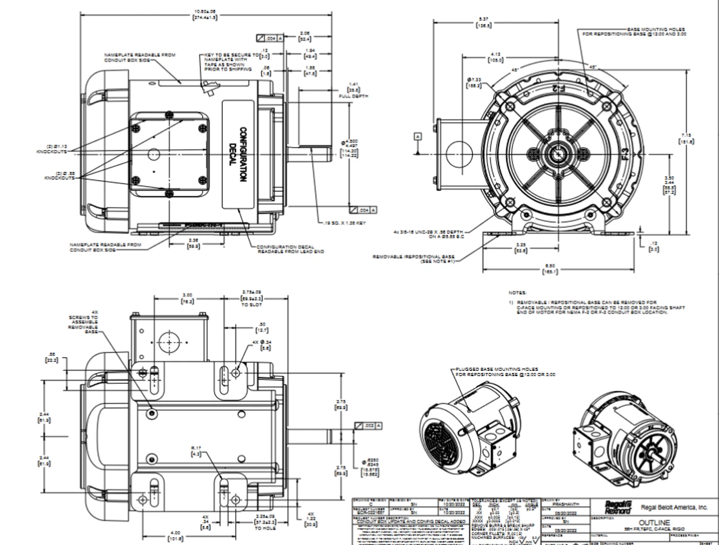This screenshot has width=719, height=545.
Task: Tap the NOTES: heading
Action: point(517,293)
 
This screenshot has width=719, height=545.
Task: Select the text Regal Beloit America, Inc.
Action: point(675,507)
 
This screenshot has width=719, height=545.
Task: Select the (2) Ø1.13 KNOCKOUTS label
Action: point(51,149)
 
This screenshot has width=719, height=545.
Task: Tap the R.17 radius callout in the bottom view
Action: point(196,451)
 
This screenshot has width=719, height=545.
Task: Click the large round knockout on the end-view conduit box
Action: point(458,154)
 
